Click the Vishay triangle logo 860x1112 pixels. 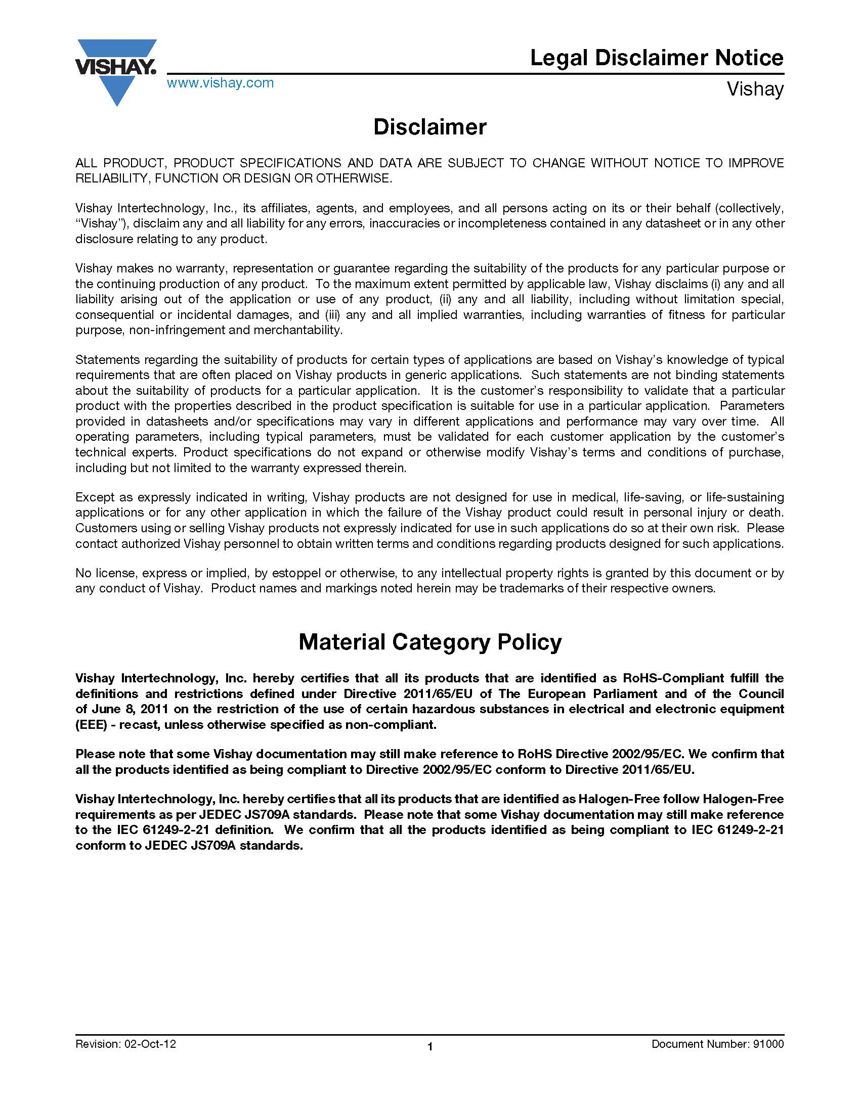click(x=116, y=71)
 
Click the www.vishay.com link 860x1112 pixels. click(x=220, y=83)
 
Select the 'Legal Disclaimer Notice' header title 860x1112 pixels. click(x=656, y=58)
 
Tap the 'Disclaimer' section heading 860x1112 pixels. click(x=429, y=127)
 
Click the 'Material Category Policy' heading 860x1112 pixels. click(x=429, y=641)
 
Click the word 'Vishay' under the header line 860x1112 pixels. click(x=755, y=89)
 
